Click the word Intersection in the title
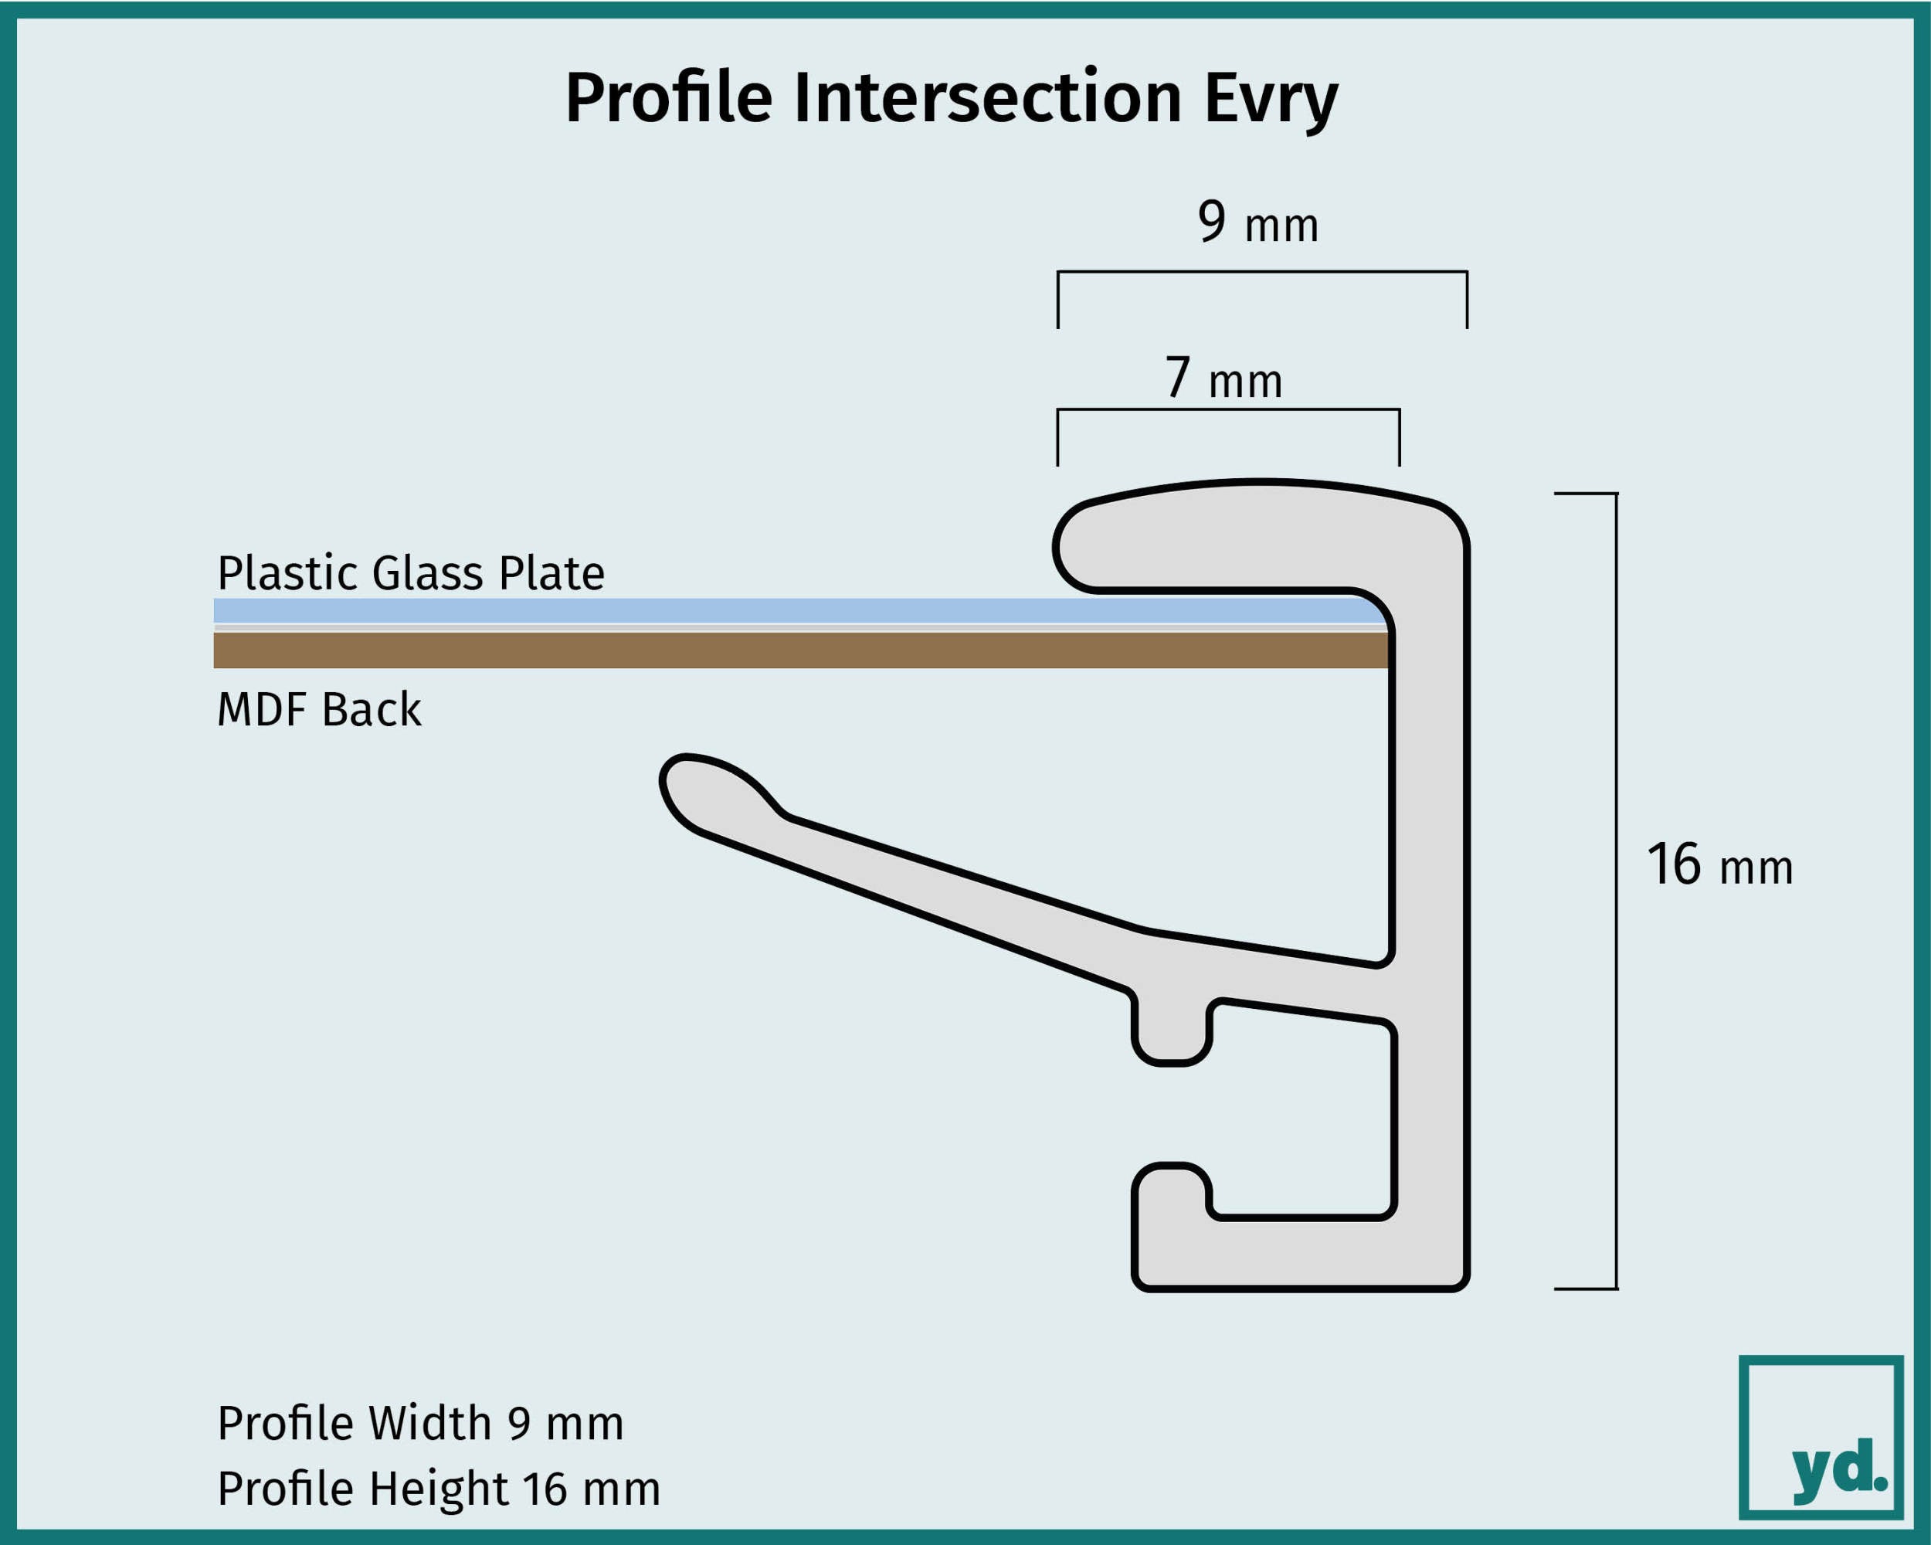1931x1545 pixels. [987, 97]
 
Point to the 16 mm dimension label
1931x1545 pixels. [1719, 864]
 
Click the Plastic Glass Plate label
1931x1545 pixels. [411, 572]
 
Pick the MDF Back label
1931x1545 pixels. [319, 709]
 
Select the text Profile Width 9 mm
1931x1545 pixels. [420, 1423]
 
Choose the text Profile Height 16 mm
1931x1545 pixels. [439, 1489]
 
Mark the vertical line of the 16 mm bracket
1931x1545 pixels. [1616, 891]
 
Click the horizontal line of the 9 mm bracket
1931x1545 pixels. [1262, 271]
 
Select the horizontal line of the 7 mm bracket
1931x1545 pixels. [1228, 409]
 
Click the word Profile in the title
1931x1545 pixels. [669, 97]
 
